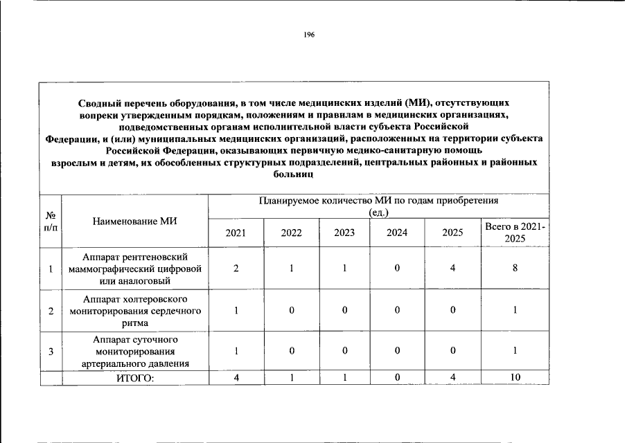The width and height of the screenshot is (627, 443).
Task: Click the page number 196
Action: pos(309,35)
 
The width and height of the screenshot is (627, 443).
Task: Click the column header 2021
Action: pos(236,233)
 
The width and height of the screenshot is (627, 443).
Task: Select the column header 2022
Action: pos(292,233)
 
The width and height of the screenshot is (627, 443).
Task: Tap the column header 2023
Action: pos(344,233)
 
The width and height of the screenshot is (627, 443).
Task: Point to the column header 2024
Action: pos(397,233)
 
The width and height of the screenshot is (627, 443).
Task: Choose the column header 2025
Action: pos(452,233)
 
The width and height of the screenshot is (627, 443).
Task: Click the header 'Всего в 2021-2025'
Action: pos(515,233)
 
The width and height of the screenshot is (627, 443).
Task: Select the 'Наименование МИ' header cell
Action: pos(135,221)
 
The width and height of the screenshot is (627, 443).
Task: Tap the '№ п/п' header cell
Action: pos(51,221)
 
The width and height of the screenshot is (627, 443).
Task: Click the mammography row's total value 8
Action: pos(515,269)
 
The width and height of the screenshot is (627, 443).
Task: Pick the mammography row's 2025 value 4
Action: pos(452,269)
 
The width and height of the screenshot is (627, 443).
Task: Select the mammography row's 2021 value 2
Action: pos(236,269)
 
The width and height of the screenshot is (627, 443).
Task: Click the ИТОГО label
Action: pos(135,378)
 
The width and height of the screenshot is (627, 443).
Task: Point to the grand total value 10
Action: pos(515,378)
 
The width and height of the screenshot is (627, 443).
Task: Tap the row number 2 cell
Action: pos(51,311)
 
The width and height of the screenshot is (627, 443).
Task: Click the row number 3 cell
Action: pos(51,351)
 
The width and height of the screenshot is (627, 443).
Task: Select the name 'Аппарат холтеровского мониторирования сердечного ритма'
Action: pos(135,311)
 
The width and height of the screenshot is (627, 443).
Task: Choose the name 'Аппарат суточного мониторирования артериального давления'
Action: pos(135,351)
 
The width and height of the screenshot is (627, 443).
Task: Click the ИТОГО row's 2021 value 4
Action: pos(236,378)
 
